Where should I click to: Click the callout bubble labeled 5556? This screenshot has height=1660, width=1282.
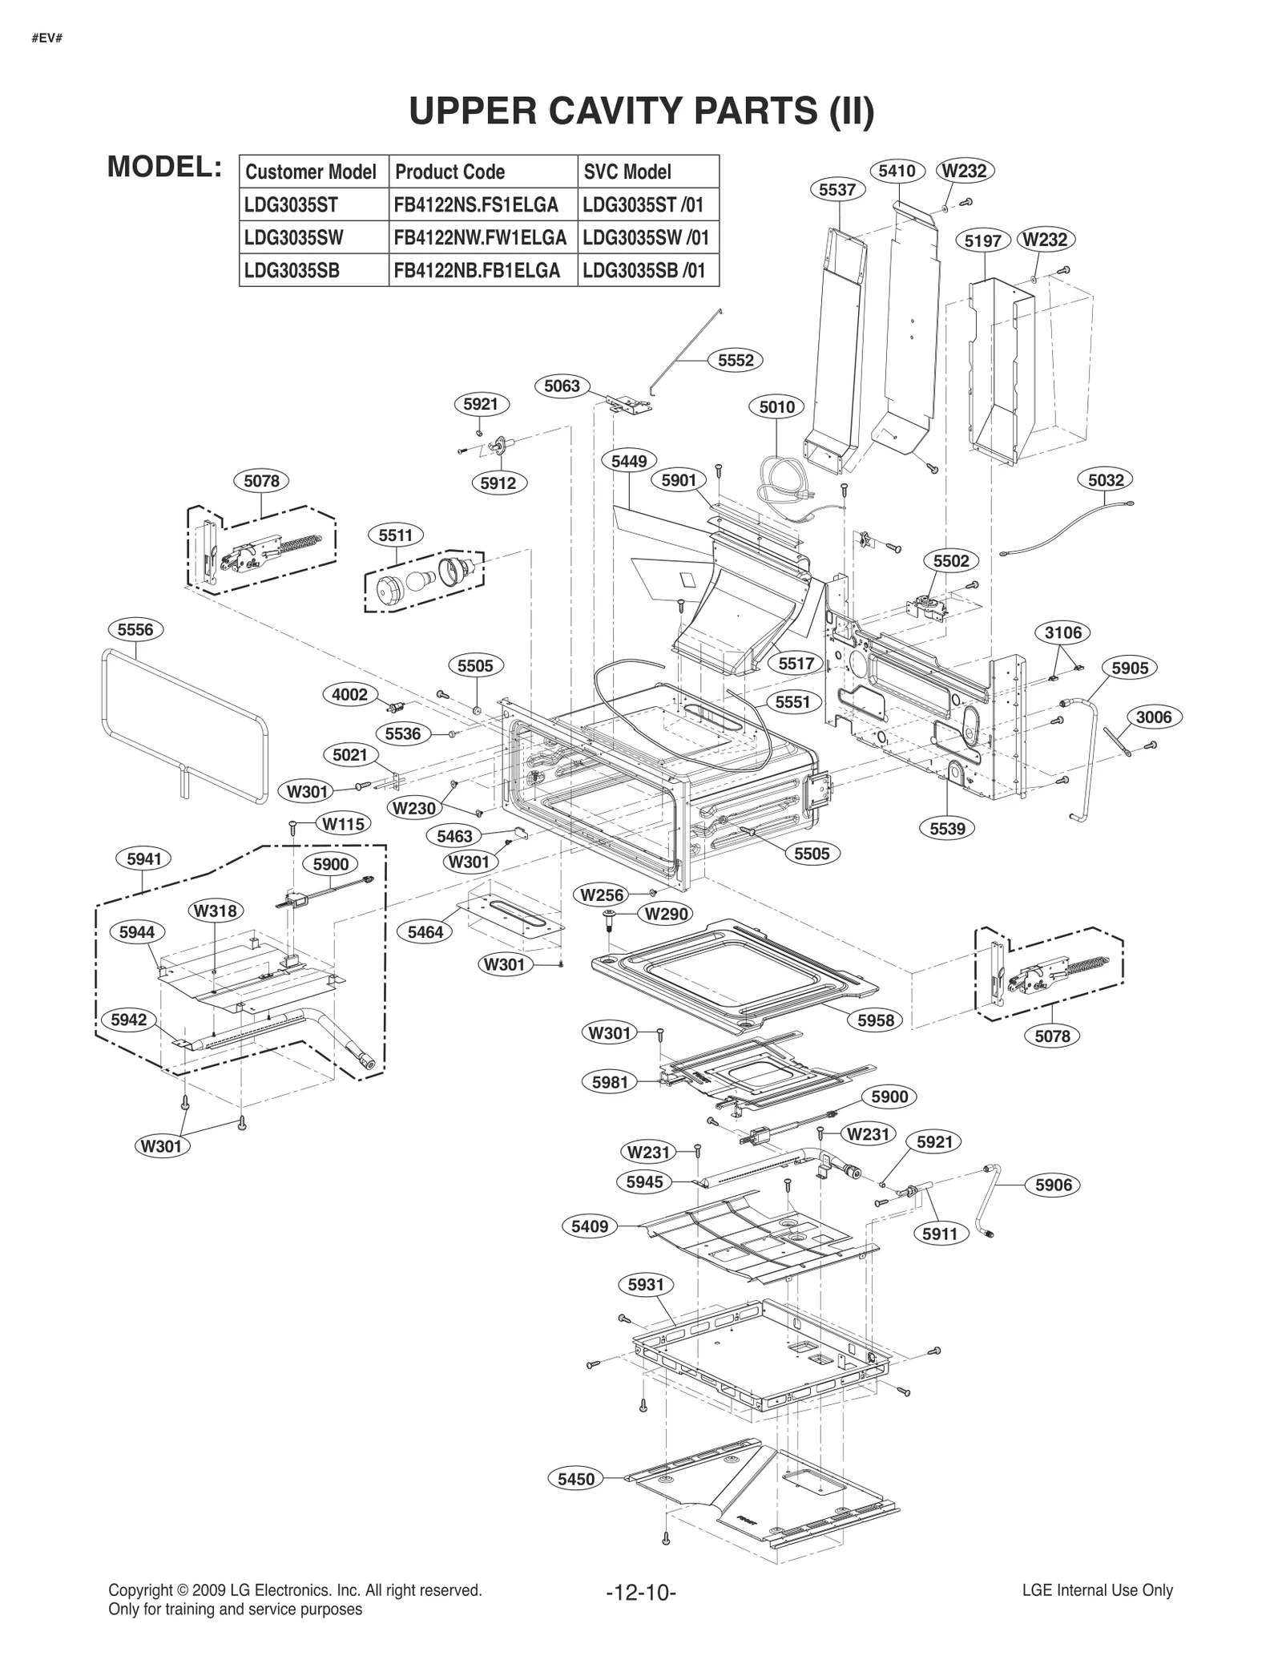point(135,629)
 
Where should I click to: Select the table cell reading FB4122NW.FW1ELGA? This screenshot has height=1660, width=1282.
point(481,238)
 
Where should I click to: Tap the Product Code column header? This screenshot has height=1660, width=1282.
point(450,172)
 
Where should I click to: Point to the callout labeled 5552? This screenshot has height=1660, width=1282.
point(736,361)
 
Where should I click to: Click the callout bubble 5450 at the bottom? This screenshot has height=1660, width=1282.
point(576,1479)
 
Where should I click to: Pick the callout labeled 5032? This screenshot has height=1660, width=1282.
point(1106,480)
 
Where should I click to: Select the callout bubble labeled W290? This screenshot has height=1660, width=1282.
point(667,913)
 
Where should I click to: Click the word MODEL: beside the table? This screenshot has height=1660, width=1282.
point(164,167)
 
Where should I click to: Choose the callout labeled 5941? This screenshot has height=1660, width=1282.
point(144,858)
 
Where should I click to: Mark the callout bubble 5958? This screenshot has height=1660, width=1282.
point(875,1020)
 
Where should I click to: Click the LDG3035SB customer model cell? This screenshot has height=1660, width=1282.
point(292,271)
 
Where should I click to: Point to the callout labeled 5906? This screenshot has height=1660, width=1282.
point(1053,1185)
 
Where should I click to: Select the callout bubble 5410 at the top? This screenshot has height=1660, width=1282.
point(897,171)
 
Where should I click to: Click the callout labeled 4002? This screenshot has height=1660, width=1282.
point(350,694)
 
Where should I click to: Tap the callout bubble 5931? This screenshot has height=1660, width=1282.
point(646,1285)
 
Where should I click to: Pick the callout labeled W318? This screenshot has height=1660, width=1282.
point(216,911)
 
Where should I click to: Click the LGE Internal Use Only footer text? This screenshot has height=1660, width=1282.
point(1097,1590)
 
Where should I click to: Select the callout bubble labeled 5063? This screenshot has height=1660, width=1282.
point(562,386)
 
